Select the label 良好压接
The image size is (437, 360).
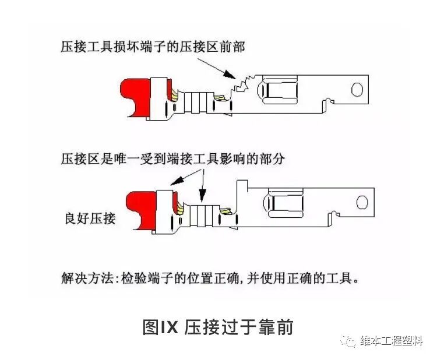click(90, 219)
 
